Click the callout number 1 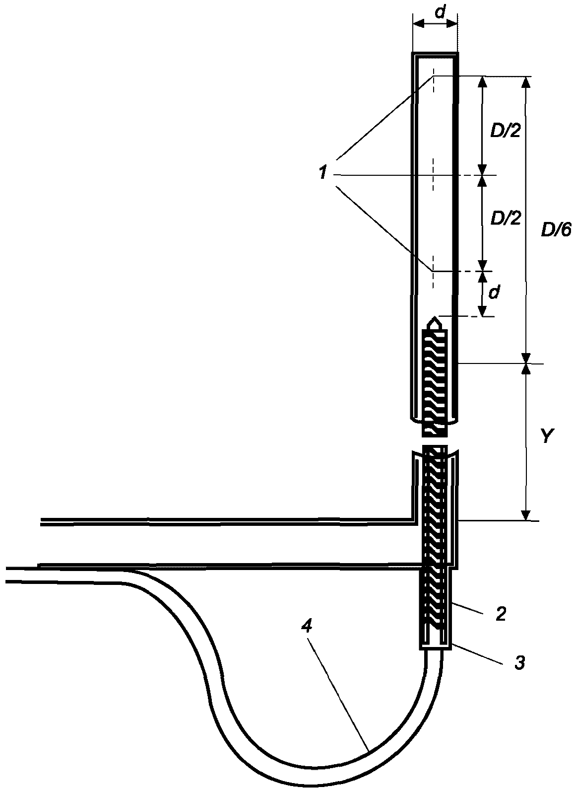click(323, 173)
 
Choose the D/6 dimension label click(556, 231)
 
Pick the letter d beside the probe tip click(495, 293)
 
